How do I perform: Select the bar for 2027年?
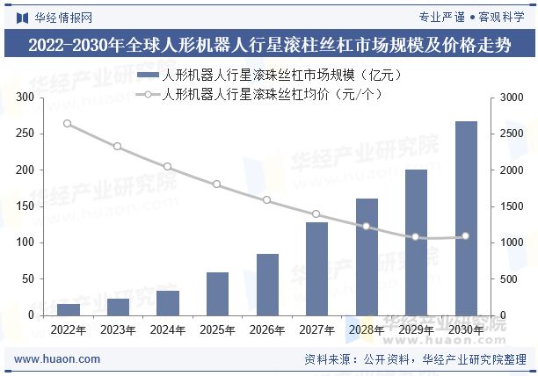tap(316, 268)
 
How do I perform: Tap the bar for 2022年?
tap(69, 309)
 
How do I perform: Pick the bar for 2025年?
tap(217, 293)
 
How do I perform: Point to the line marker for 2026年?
tap(266, 200)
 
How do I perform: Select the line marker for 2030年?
tap(466, 236)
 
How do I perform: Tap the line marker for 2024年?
tap(167, 167)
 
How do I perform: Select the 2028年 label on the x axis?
tap(366, 330)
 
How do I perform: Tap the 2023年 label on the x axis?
tap(118, 330)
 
